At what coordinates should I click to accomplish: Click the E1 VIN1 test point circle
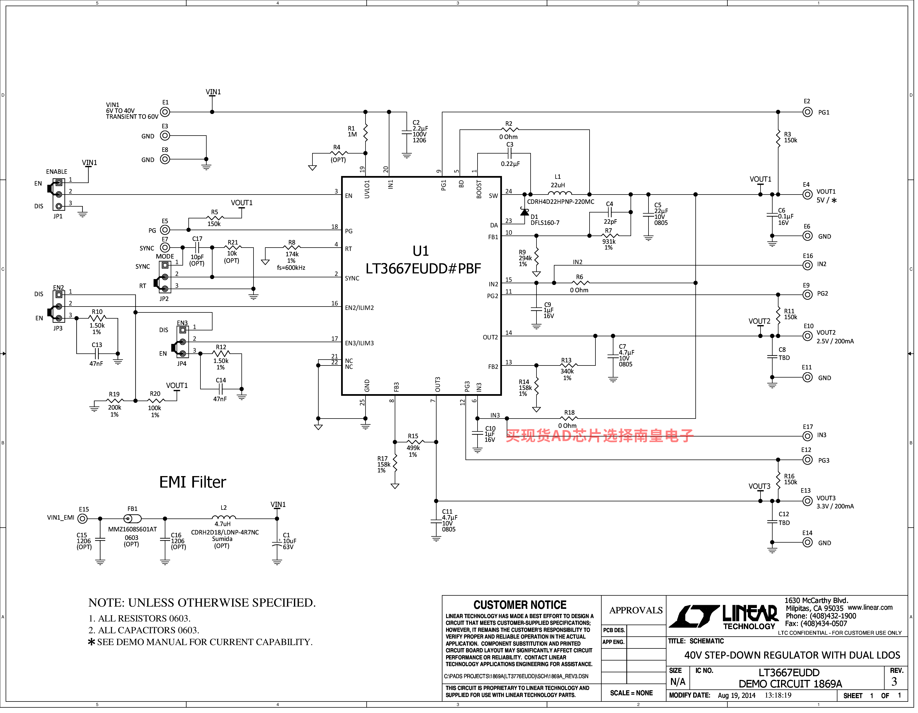pyautogui.click(x=165, y=112)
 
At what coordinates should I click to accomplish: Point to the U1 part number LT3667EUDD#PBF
pyautogui.click(x=423, y=268)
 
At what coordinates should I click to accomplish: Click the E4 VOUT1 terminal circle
pyautogui.click(x=807, y=194)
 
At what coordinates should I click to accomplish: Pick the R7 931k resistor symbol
pyautogui.click(x=610, y=236)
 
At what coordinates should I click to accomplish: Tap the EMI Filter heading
pyautogui.click(x=193, y=482)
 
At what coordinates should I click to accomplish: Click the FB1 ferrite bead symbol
pyautogui.click(x=133, y=518)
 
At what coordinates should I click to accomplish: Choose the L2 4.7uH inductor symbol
pyautogui.click(x=224, y=517)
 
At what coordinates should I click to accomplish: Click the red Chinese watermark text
pyautogui.click(x=599, y=436)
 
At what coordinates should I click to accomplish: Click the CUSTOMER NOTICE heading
pyautogui.click(x=520, y=605)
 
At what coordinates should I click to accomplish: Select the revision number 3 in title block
pyautogui.click(x=894, y=682)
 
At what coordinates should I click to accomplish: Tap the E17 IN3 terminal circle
pyautogui.click(x=807, y=436)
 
